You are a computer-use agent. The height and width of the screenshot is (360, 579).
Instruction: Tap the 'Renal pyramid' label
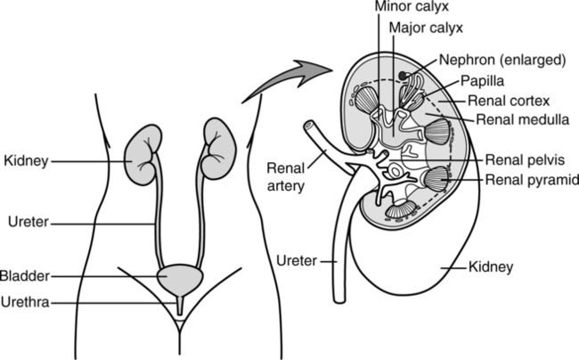tap(531, 180)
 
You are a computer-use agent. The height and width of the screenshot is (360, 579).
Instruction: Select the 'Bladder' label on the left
tap(26, 276)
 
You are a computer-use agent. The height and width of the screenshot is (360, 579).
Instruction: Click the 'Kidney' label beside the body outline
tap(24, 161)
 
